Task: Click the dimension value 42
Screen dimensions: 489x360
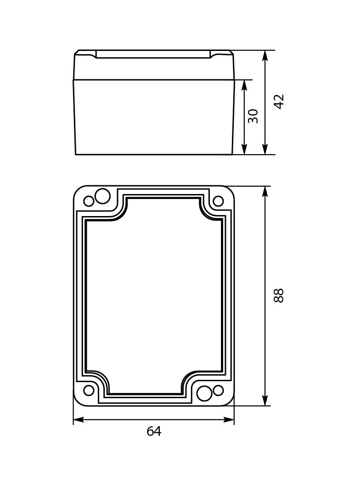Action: [x=279, y=101]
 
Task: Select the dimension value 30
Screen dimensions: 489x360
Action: [x=253, y=116]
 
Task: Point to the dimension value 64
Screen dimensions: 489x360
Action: [x=154, y=431]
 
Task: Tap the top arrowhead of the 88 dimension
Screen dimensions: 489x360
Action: [x=265, y=191]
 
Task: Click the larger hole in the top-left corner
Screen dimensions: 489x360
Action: [x=102, y=196]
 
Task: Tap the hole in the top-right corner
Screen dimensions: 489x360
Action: [x=218, y=201]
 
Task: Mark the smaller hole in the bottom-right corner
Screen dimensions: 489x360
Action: [x=218, y=390]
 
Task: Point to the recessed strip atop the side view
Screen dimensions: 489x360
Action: [x=153, y=54]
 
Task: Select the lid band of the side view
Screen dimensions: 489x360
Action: [x=154, y=68]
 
